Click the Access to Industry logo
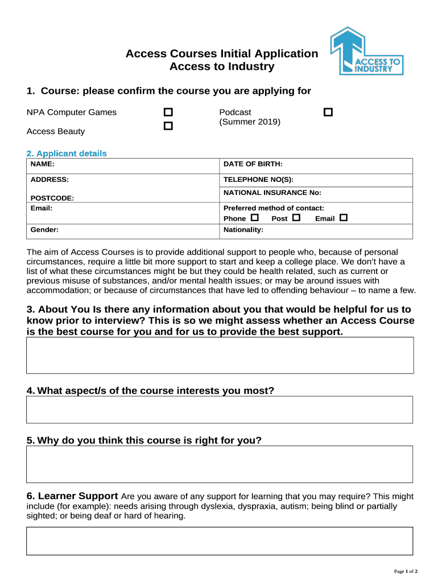(367, 51)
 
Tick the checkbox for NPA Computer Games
(168, 113)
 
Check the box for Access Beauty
(168, 126)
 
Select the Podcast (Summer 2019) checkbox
(328, 113)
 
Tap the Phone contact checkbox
(254, 218)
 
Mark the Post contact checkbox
(296, 218)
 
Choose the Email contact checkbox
(343, 218)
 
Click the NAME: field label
(43, 164)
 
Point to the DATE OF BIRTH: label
(253, 164)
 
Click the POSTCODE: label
(52, 198)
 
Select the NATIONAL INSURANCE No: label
(272, 193)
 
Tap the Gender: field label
(44, 230)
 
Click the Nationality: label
(243, 230)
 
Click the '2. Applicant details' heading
(67, 153)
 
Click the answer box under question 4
(220, 410)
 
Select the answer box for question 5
(220, 464)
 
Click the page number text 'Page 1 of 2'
(406, 571)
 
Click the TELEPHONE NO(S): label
(258, 179)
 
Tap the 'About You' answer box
(220, 355)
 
